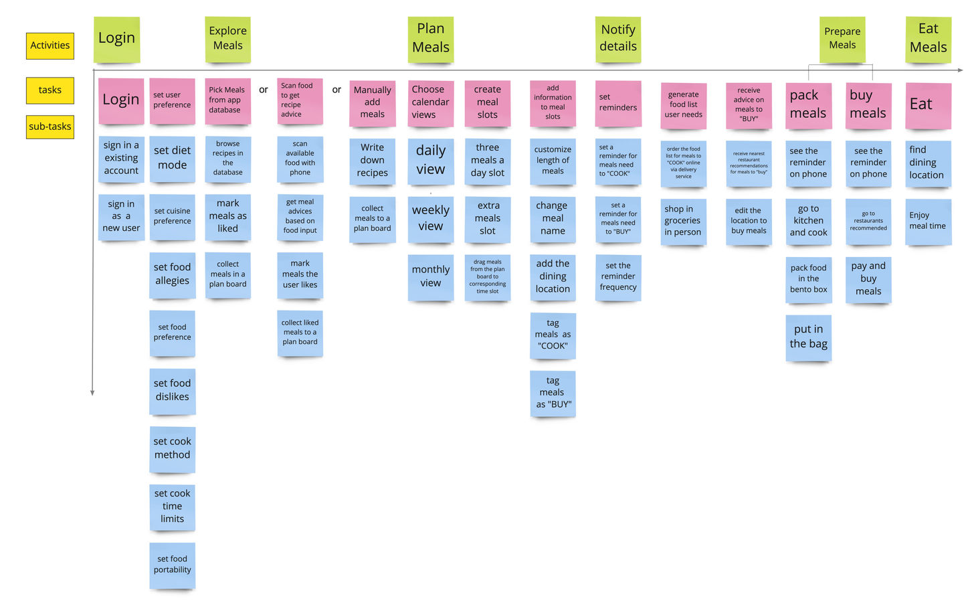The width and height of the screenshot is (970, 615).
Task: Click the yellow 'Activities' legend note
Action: coord(50,46)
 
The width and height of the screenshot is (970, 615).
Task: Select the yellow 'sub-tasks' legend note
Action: coord(50,126)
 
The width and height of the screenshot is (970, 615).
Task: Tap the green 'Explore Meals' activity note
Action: coord(227,39)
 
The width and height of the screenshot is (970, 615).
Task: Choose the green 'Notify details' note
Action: coord(618,39)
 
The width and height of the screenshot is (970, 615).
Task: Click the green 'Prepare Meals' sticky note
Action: coord(842,39)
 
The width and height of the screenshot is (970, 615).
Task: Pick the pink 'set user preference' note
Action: coord(172,100)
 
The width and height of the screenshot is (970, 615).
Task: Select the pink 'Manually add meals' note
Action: coord(372,102)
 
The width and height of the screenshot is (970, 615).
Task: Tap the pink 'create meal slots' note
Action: coord(487,102)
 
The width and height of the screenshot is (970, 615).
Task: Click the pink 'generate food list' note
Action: coord(683,105)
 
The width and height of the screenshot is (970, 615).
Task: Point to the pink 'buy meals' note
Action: coord(868,105)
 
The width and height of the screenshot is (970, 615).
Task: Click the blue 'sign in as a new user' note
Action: coord(121,216)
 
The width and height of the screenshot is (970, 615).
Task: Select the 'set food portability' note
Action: coord(172,565)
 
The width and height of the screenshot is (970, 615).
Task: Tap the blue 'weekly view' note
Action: coord(430,219)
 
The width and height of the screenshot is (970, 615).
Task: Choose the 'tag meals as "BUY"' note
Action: coord(553,393)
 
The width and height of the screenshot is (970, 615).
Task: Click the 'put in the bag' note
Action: coord(808,337)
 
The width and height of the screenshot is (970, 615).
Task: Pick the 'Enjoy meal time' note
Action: coord(927,221)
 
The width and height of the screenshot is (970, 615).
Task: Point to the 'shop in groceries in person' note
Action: coord(683,221)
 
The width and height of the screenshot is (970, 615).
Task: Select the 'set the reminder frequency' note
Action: coord(618,277)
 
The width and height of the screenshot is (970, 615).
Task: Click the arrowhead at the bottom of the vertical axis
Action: coord(92,393)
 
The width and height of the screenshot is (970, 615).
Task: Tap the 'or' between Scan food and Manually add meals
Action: coord(336,90)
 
